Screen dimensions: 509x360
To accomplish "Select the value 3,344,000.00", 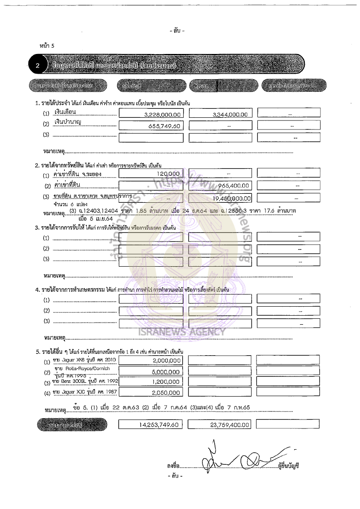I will (230, 115).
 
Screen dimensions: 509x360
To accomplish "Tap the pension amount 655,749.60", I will (164, 126).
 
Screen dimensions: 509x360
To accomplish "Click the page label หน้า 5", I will (47, 45).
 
